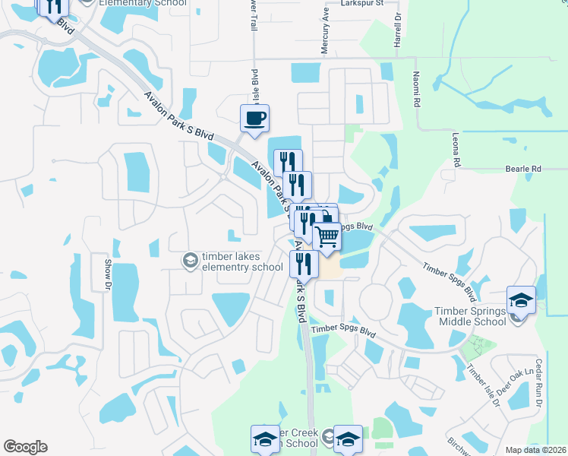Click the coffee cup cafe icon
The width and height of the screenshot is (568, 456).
click(x=254, y=119)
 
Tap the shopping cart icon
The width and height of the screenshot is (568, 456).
click(x=327, y=236)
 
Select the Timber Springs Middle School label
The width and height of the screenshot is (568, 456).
click(x=470, y=316)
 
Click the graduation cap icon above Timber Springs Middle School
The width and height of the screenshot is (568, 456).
click(x=521, y=300)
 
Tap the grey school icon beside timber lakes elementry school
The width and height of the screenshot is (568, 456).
click(x=188, y=261)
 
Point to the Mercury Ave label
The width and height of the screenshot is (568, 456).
click(x=324, y=35)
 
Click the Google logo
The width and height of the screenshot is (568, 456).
click(x=25, y=447)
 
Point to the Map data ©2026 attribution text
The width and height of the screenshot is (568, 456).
click(x=535, y=450)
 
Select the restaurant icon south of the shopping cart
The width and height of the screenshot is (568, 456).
click(x=301, y=264)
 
